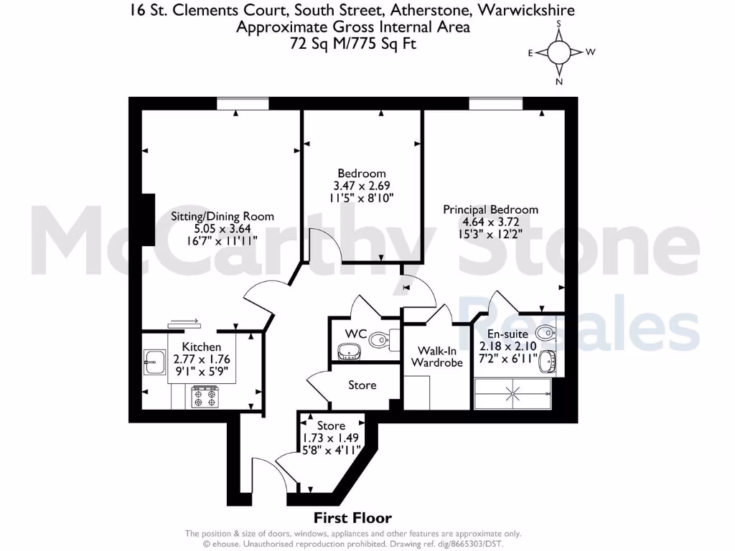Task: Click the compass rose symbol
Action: (x=559, y=52)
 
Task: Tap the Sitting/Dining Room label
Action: (x=222, y=216)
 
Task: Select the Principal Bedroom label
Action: (x=490, y=209)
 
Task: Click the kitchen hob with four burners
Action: (x=205, y=397)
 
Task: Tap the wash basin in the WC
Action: (x=350, y=351)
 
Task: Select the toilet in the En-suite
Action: (x=546, y=331)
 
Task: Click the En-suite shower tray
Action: (x=512, y=393)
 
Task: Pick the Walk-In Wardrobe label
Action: (x=436, y=357)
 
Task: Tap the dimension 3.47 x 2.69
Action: (x=362, y=185)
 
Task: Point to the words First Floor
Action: (x=352, y=518)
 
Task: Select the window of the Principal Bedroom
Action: (x=496, y=104)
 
